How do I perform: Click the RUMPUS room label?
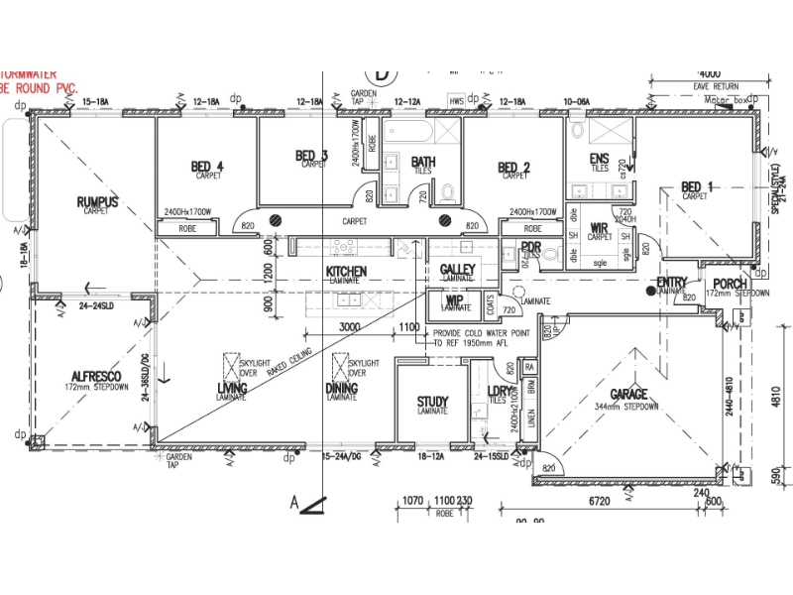pos(97,202)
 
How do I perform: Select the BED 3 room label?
pos(311,156)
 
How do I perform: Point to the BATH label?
pos(423,162)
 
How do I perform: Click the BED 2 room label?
pos(514,167)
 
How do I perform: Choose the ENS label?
pos(599,159)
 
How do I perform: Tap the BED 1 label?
pos(697,187)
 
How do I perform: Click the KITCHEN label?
pos(346,271)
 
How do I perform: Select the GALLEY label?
pos(457,270)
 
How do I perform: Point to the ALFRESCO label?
pos(96,377)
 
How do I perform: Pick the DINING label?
pos(341,388)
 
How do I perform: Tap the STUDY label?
pos(432,402)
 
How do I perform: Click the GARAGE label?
pos(628,395)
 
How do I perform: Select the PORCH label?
pos(730,285)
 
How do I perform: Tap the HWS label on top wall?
pos(457,101)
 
